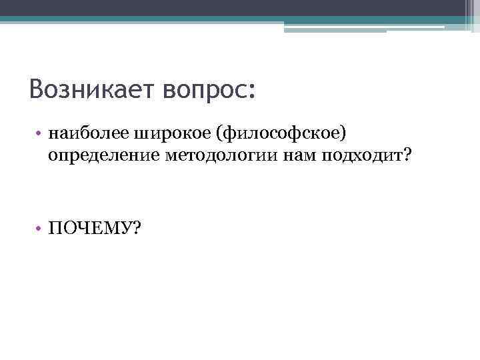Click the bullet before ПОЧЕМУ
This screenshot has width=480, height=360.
tap(41, 229)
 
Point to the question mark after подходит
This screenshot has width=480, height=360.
tap(407, 155)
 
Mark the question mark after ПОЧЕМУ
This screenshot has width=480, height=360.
tap(137, 229)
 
